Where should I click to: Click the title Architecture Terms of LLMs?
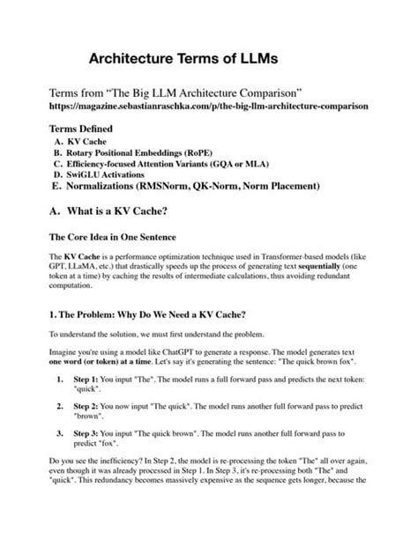183,58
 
